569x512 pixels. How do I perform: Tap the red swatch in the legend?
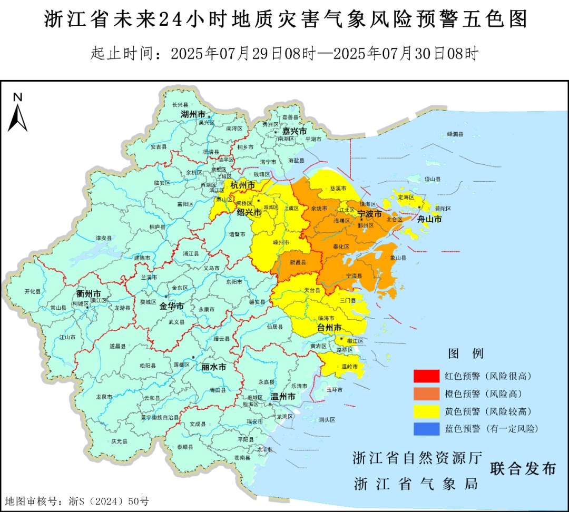[426, 376]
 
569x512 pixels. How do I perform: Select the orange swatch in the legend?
[426, 393]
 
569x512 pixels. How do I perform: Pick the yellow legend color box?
[426, 411]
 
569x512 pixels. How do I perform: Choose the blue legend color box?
[426, 428]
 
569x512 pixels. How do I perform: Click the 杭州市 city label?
[242, 185]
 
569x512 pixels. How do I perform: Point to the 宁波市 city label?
[369, 214]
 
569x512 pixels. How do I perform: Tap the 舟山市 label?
[429, 219]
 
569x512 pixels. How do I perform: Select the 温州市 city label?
[282, 397]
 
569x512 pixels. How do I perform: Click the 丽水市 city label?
[214, 367]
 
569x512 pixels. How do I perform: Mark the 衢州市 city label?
[89, 293]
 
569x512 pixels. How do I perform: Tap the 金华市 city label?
[172, 306]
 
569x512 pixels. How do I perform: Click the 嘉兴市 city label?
[295, 130]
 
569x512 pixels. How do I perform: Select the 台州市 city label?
[329, 328]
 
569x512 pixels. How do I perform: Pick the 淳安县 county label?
[104, 238]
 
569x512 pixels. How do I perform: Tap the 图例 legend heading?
[466, 353]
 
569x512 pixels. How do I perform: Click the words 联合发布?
[523, 468]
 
